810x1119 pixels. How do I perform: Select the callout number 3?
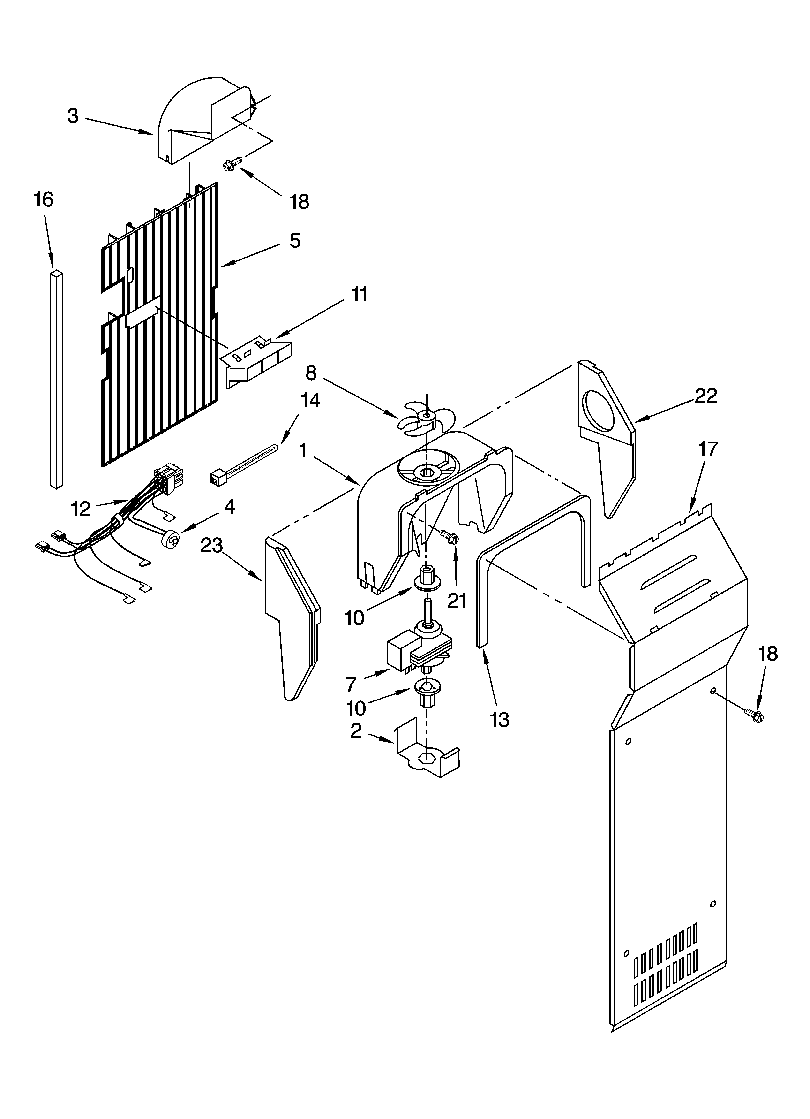tap(73, 116)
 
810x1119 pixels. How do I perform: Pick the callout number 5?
tap(294, 241)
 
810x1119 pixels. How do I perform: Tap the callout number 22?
tap(705, 396)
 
